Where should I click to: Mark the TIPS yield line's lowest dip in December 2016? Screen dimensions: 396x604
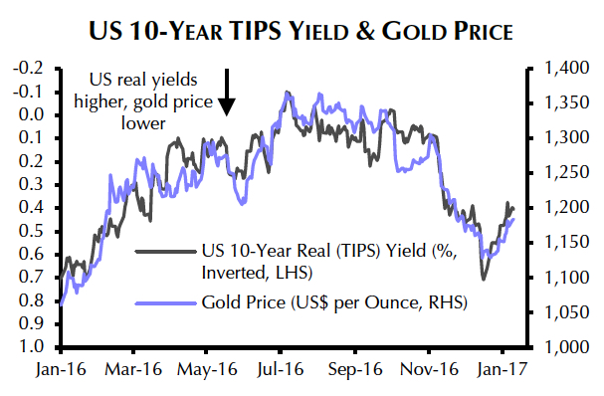(483, 279)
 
